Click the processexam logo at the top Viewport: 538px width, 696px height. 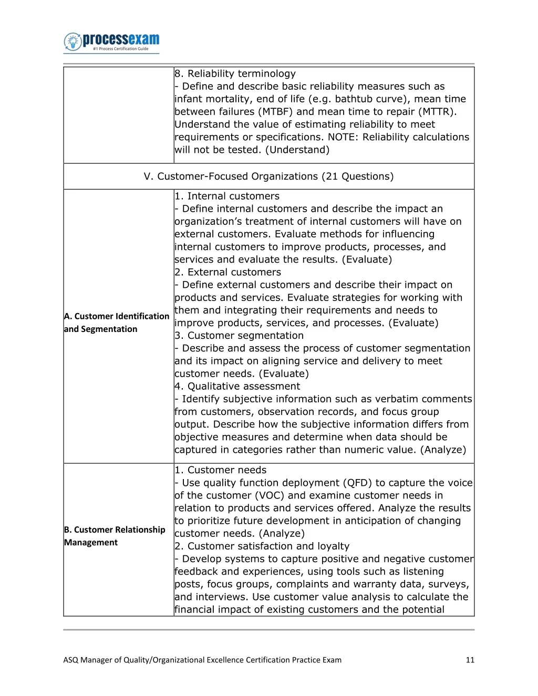click(111, 42)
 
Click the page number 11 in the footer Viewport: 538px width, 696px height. click(470, 660)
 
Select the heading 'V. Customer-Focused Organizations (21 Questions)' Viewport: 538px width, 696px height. click(268, 176)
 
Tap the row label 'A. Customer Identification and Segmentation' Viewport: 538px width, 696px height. click(116, 323)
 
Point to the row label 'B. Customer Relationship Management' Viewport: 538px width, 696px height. click(115, 536)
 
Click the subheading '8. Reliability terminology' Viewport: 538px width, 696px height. click(235, 74)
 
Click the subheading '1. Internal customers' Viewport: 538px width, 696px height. click(227, 196)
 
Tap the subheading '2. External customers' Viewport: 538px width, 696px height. click(228, 272)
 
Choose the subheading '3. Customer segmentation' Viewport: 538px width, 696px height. click(239, 336)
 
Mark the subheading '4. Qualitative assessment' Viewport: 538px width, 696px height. click(237, 387)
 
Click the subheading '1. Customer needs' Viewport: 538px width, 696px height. click(221, 470)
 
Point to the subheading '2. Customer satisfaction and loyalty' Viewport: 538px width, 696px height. click(262, 546)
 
